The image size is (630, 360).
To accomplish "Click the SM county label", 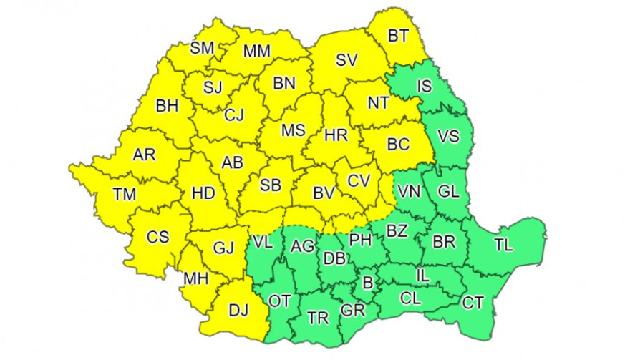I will click(203, 48).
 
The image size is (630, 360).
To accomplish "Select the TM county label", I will click(126, 192).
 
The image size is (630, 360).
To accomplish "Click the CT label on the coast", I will click(472, 303).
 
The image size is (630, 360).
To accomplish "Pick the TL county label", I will click(503, 245).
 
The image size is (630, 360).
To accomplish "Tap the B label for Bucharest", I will click(367, 283).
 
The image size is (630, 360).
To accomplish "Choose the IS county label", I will click(425, 87).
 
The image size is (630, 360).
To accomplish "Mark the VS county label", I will click(448, 137).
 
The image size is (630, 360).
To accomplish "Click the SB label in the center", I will click(270, 185).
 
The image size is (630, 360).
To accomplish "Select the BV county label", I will click(325, 192).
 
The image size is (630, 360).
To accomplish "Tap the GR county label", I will click(352, 311).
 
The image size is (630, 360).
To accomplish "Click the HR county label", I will click(336, 135).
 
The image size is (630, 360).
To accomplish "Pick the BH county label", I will click(167, 106).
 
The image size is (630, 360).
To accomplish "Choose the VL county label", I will click(263, 242).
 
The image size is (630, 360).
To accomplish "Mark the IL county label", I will click(424, 274).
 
